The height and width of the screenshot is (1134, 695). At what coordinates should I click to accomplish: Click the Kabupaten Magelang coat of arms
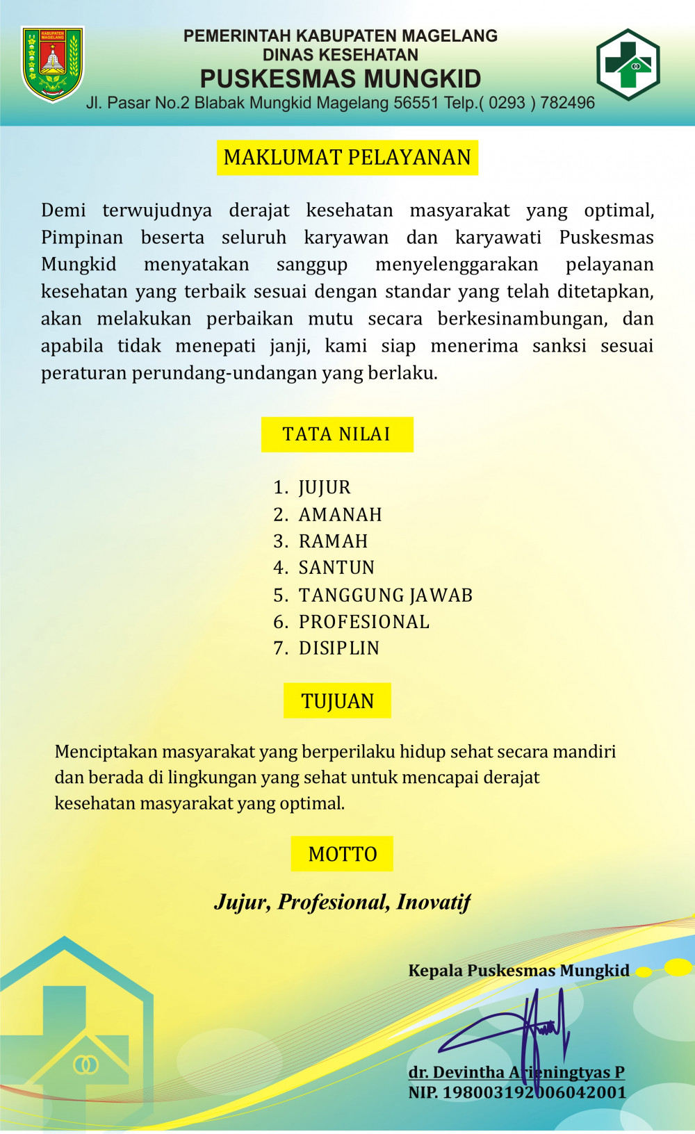click(53, 64)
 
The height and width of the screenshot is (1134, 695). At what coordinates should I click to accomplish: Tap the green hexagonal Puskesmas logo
click(628, 65)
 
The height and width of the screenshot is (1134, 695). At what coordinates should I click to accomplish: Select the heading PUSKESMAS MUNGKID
click(341, 79)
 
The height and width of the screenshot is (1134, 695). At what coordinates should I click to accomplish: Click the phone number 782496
click(567, 103)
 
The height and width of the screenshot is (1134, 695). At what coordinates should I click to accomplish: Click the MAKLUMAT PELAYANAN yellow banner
click(347, 158)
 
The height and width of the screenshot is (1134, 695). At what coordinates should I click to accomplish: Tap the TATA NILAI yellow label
click(337, 434)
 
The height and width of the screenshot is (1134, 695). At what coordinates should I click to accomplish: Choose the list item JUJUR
click(325, 488)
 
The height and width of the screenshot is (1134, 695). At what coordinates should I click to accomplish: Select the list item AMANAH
click(341, 515)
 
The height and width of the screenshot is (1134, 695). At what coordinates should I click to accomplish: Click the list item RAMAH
click(334, 541)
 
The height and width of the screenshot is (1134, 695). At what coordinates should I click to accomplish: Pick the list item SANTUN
click(337, 568)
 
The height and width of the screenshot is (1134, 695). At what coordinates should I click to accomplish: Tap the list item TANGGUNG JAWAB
click(386, 595)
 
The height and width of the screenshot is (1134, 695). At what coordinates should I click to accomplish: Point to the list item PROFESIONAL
click(364, 622)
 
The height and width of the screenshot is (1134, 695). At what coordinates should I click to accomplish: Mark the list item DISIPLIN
click(339, 648)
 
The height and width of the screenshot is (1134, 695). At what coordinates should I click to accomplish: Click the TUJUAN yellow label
click(338, 701)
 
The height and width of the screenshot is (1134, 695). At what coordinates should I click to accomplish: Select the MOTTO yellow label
click(343, 854)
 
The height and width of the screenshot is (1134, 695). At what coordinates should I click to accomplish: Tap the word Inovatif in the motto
click(434, 902)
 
